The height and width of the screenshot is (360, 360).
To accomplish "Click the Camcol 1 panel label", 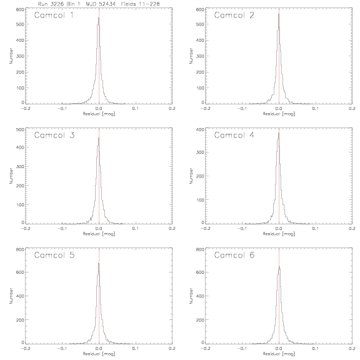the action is click(x=54, y=15).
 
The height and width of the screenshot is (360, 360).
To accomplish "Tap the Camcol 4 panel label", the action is click(x=234, y=135).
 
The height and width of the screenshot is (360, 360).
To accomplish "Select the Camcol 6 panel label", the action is click(x=234, y=255).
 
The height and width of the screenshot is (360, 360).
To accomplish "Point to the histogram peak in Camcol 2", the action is click(x=279, y=14).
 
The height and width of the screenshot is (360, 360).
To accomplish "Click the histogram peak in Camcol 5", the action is click(x=99, y=263).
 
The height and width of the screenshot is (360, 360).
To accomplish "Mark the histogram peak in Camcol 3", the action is click(x=99, y=137).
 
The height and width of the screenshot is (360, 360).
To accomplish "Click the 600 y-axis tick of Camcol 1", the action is click(x=20, y=9).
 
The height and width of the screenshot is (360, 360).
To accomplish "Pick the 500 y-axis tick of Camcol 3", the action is click(x=20, y=129).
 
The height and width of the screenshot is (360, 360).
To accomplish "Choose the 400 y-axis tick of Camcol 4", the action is click(x=200, y=129).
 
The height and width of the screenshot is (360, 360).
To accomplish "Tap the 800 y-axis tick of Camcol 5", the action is click(x=20, y=249).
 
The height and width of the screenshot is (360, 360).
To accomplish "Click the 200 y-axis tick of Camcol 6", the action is click(x=200, y=319).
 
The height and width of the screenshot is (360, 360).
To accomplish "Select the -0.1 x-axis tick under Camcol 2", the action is click(x=242, y=109).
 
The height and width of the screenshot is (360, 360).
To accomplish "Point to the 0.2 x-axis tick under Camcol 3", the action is click(x=172, y=229).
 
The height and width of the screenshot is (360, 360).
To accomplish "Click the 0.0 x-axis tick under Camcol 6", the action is click(x=279, y=349).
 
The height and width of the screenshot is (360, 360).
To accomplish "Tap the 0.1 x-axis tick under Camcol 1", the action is click(x=136, y=109).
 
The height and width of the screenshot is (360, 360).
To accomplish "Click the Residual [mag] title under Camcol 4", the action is click(x=279, y=234).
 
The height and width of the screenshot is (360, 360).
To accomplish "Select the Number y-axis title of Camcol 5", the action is click(x=11, y=296).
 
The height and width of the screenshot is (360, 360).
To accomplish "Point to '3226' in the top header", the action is click(x=57, y=4).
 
